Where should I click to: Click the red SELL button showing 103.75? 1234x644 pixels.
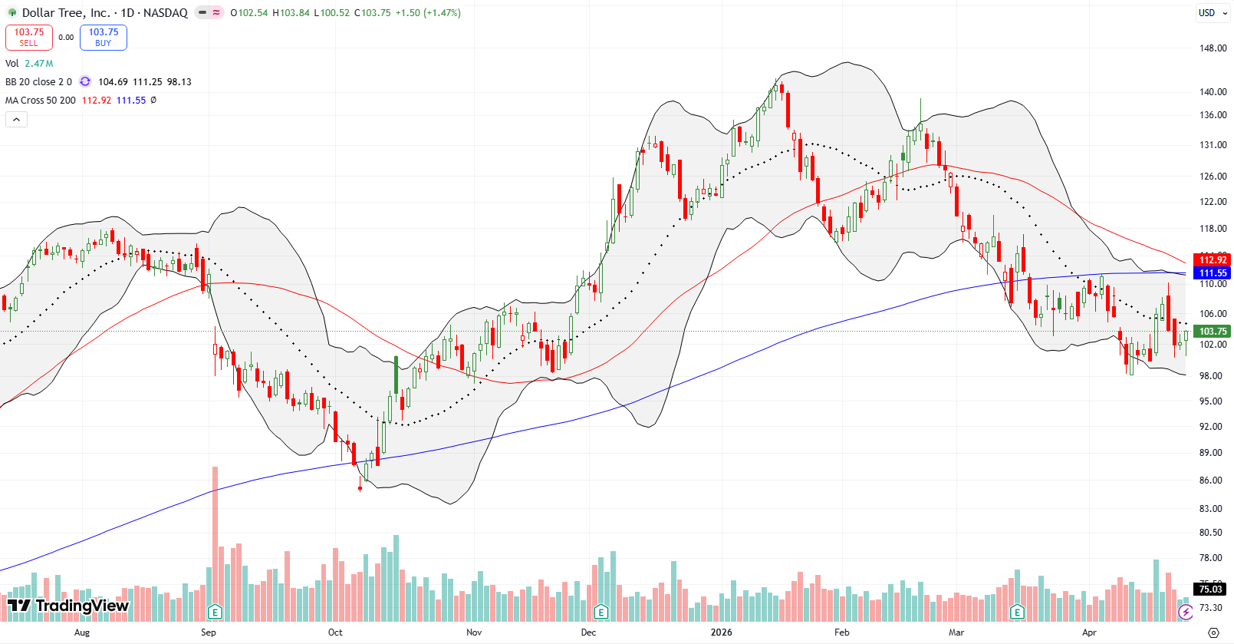point(29,37)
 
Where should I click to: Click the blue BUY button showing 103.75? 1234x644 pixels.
point(104,37)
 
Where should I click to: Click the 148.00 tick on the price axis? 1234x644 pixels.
point(1213,48)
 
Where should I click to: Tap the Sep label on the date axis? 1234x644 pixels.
point(209,632)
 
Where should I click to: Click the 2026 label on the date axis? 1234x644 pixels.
point(721,632)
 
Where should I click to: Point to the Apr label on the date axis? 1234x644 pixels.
point(1089,632)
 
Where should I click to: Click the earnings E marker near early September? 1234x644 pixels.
point(216,612)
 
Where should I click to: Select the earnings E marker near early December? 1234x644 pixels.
point(601,612)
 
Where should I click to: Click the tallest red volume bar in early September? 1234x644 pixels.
point(216,537)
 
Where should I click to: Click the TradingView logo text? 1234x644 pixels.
point(69,606)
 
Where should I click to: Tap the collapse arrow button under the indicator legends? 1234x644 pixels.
point(16,119)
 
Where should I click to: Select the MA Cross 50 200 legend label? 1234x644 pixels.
point(41,101)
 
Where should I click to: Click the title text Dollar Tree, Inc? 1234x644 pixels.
point(66,12)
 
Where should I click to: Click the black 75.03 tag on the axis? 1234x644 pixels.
point(1211,590)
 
